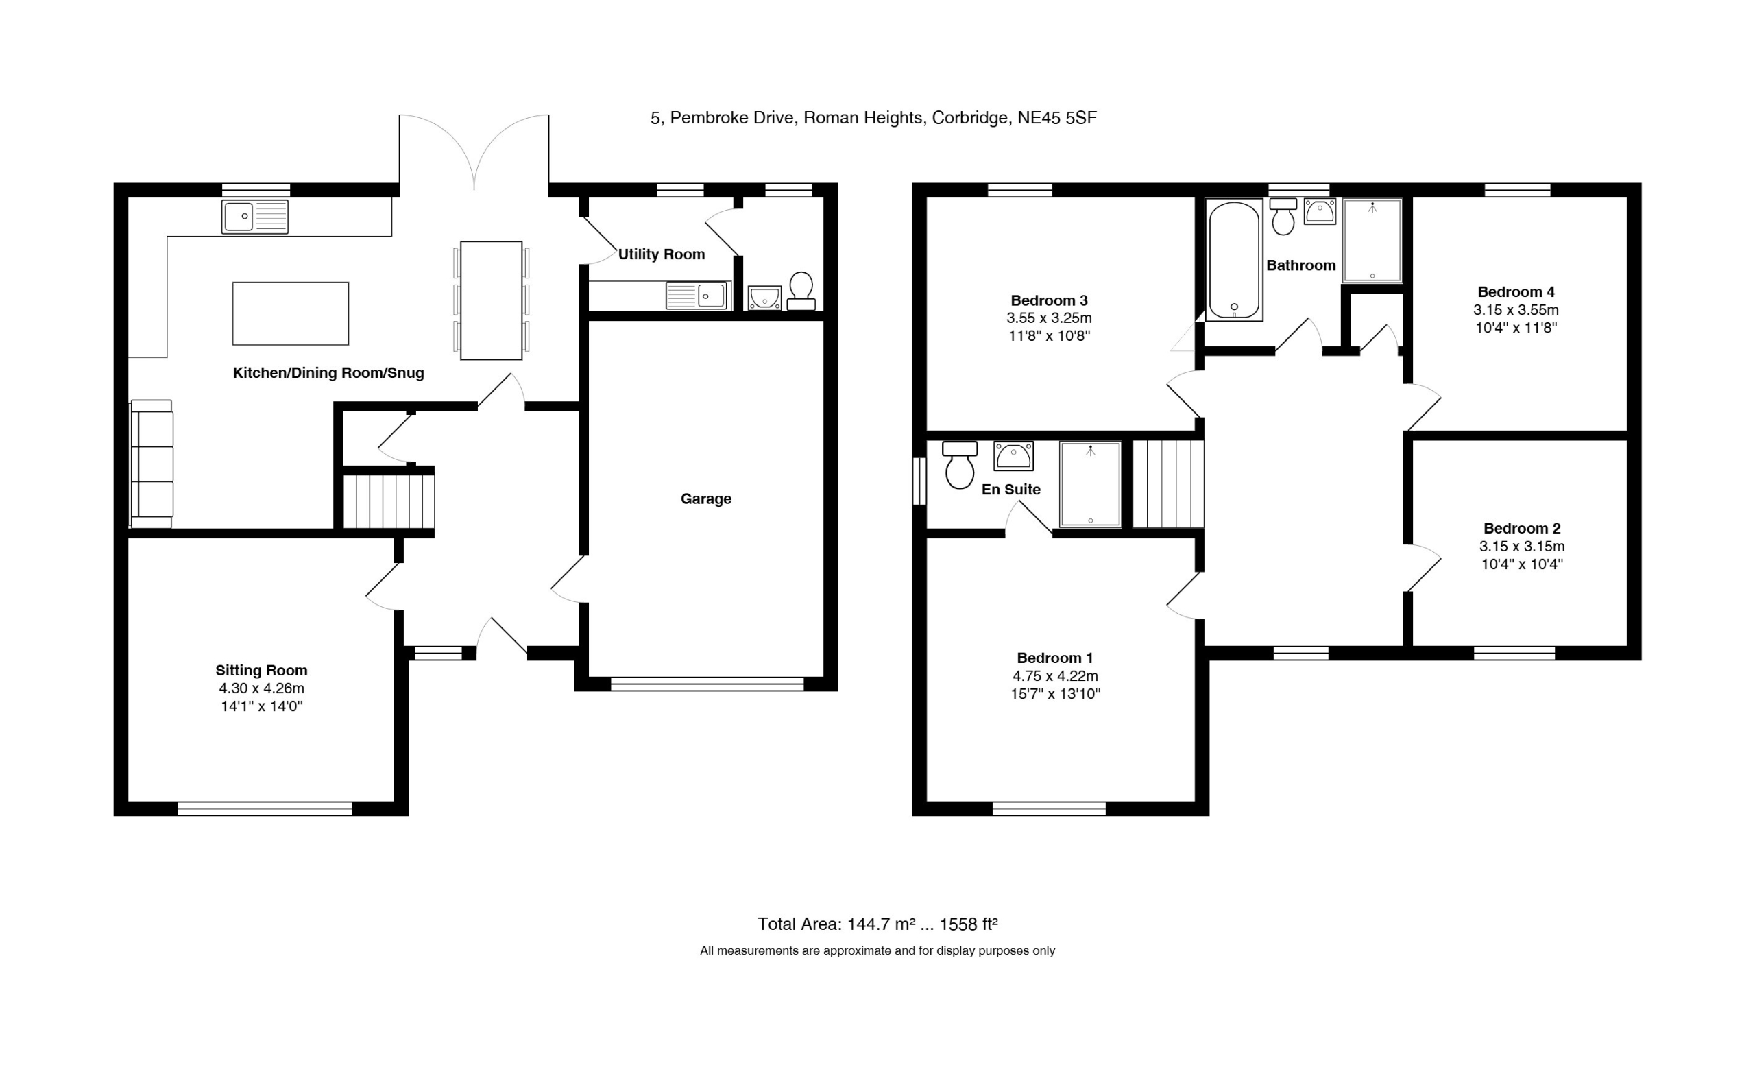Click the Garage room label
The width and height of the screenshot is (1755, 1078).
coord(705,499)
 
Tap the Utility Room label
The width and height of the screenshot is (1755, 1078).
coord(662,254)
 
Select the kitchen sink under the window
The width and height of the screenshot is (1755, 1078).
coord(254,217)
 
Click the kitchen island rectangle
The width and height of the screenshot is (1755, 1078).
coord(291,313)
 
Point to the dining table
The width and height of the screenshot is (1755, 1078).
coord(491,300)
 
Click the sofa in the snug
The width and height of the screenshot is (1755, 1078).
coord(152,464)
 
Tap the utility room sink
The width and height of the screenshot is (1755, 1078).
coord(699,295)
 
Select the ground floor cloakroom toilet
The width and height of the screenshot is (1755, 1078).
coord(801,291)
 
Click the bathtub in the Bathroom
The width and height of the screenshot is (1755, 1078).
coord(1234,260)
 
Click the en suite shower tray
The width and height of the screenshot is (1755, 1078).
coord(1090,485)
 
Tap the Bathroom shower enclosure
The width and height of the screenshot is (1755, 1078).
coord(1372,240)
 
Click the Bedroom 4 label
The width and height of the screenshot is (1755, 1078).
coord(1516,291)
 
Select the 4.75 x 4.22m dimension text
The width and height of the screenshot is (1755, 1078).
coord(1055,676)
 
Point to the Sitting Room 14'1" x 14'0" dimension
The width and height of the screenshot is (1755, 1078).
coord(261,706)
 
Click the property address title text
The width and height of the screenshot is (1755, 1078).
coord(873,118)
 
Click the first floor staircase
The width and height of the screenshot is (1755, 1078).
coord(1168,485)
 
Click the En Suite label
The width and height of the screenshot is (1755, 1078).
coord(1010,490)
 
